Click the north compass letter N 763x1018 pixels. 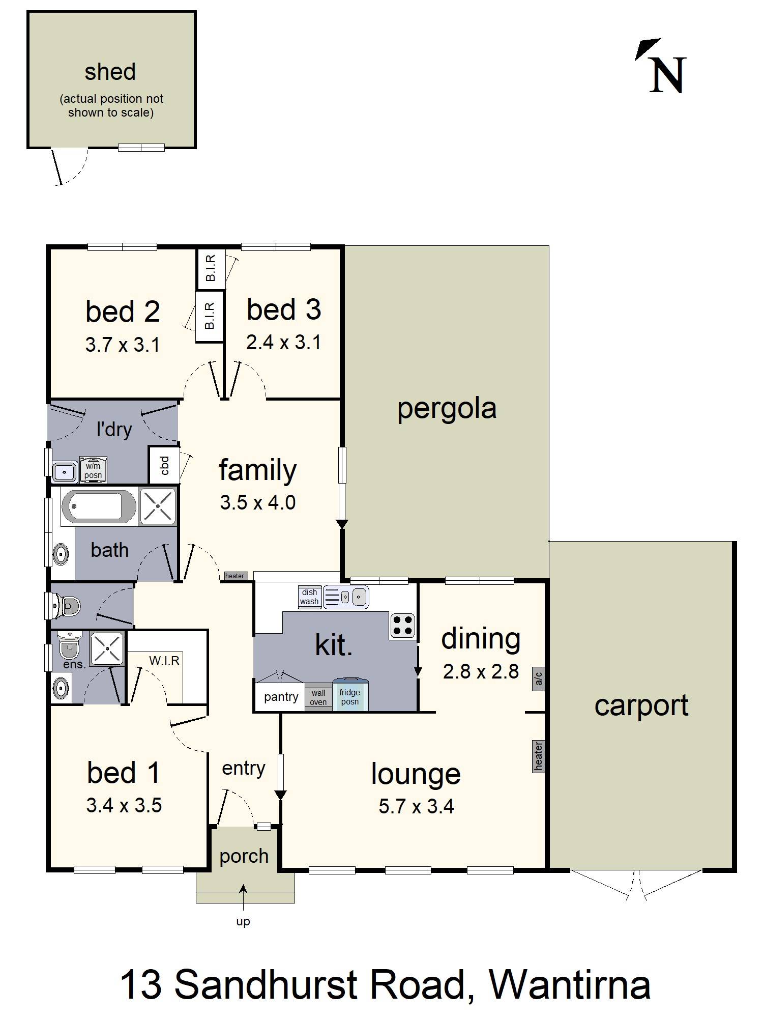click(x=668, y=75)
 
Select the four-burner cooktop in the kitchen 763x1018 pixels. click(x=402, y=626)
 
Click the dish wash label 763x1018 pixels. click(x=309, y=597)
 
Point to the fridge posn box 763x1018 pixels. click(x=350, y=694)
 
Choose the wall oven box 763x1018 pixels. click(x=318, y=697)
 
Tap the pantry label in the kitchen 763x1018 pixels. click(x=281, y=697)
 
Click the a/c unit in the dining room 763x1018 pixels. click(x=538, y=678)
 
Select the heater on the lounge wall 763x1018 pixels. click(x=538, y=756)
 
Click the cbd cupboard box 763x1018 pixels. click(x=164, y=465)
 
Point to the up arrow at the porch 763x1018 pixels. click(x=244, y=897)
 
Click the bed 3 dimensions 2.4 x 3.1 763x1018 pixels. click(x=283, y=342)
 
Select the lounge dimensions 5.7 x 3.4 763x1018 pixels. click(x=416, y=806)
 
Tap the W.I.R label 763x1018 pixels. click(x=164, y=660)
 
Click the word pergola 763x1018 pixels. click(x=447, y=409)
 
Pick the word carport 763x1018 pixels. click(x=641, y=706)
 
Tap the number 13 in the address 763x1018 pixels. click(x=141, y=984)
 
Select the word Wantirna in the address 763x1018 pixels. click(x=570, y=984)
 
